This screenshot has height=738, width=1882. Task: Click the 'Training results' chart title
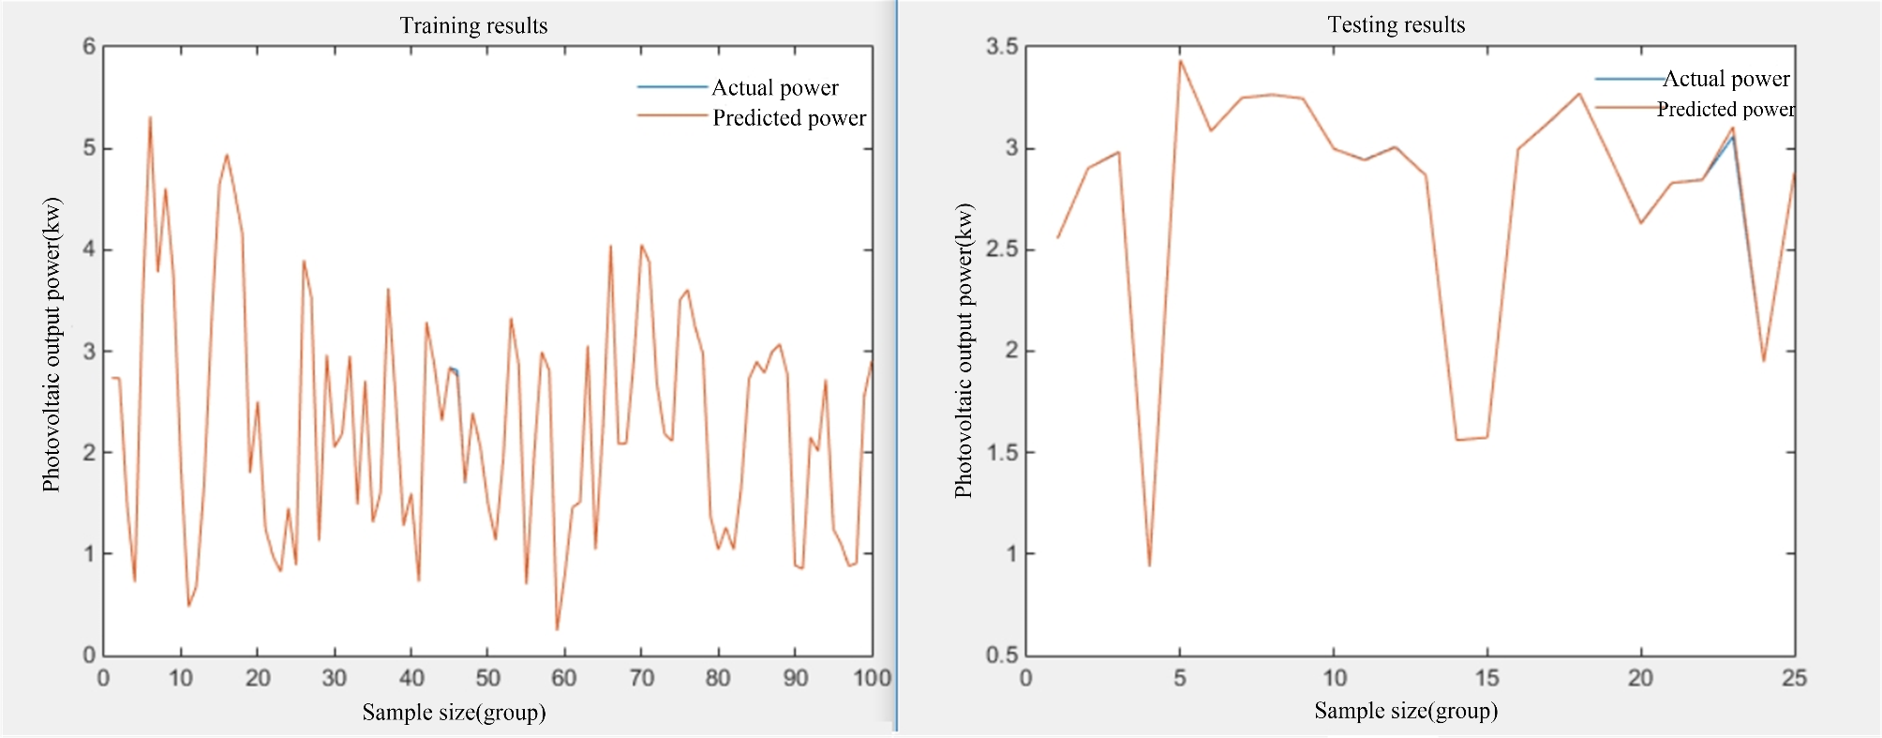[x=473, y=25]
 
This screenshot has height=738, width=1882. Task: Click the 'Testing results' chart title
[x=1396, y=24]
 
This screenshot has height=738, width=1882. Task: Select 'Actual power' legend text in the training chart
[x=775, y=88]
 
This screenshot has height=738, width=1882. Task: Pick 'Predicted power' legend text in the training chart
[x=789, y=118]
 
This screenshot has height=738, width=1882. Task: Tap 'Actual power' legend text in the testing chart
[x=1725, y=79]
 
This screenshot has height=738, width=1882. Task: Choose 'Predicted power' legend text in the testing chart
[x=1725, y=110]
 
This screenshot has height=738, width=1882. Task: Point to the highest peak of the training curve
[x=150, y=118]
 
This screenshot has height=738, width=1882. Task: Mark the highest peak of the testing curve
[x=1180, y=61]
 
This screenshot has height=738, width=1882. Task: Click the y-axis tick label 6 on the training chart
[x=89, y=47]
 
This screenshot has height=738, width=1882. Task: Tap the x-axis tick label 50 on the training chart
[x=487, y=678]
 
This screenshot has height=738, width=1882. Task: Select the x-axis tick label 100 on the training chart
[x=872, y=678]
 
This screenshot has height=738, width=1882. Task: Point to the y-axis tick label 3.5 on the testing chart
[x=1002, y=47]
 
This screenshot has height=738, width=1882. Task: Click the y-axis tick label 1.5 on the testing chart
[x=1002, y=453]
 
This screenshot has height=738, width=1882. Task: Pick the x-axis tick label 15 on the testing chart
[x=1486, y=678]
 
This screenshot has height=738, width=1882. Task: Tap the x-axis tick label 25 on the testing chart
[x=1794, y=678]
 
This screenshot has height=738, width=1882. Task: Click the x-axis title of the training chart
[x=454, y=713]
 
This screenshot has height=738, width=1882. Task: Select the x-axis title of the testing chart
[x=1406, y=711]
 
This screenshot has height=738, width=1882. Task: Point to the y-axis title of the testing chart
[x=963, y=351]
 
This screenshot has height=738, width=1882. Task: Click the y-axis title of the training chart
[x=52, y=344]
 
